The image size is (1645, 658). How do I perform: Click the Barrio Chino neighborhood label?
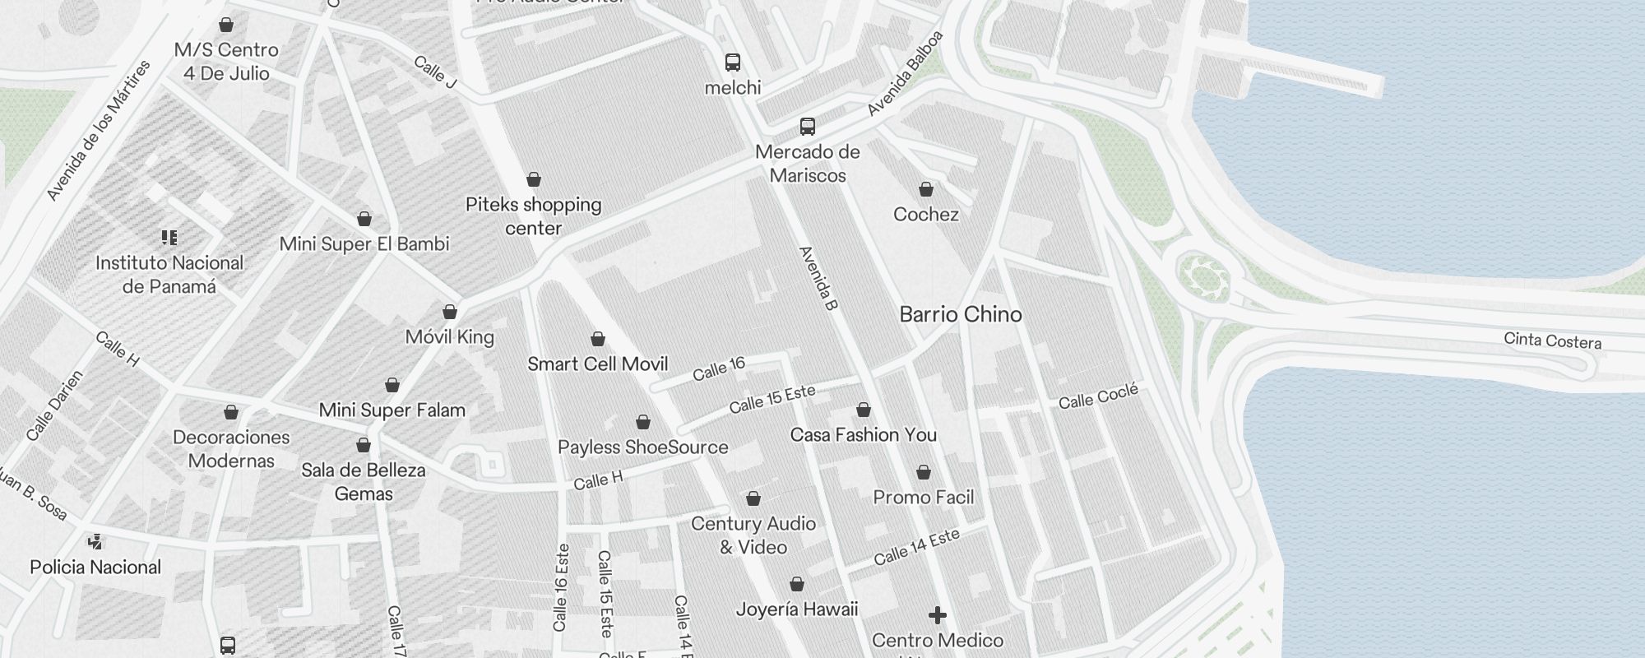[961, 314]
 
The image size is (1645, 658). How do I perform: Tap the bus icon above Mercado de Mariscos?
[808, 127]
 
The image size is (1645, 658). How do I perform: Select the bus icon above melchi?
[732, 62]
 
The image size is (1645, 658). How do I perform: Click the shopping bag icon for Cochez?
[926, 190]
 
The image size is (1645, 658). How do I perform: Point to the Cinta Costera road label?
[1552, 341]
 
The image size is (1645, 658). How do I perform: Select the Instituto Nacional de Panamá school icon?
[169, 238]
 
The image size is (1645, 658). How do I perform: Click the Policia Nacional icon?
[95, 541]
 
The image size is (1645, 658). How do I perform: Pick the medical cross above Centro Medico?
[937, 614]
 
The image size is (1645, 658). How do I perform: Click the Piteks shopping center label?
[534, 215]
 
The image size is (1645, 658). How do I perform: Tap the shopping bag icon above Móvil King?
[450, 312]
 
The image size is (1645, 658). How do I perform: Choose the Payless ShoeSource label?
[642, 447]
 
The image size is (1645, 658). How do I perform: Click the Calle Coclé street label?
[1097, 396]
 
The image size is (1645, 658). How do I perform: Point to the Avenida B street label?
[818, 278]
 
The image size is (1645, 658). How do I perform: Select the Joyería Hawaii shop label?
[796, 609]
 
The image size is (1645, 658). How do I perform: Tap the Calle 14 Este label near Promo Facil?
[916, 547]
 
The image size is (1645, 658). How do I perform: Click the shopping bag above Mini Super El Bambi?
[364, 219]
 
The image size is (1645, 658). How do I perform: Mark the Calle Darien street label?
[54, 405]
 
